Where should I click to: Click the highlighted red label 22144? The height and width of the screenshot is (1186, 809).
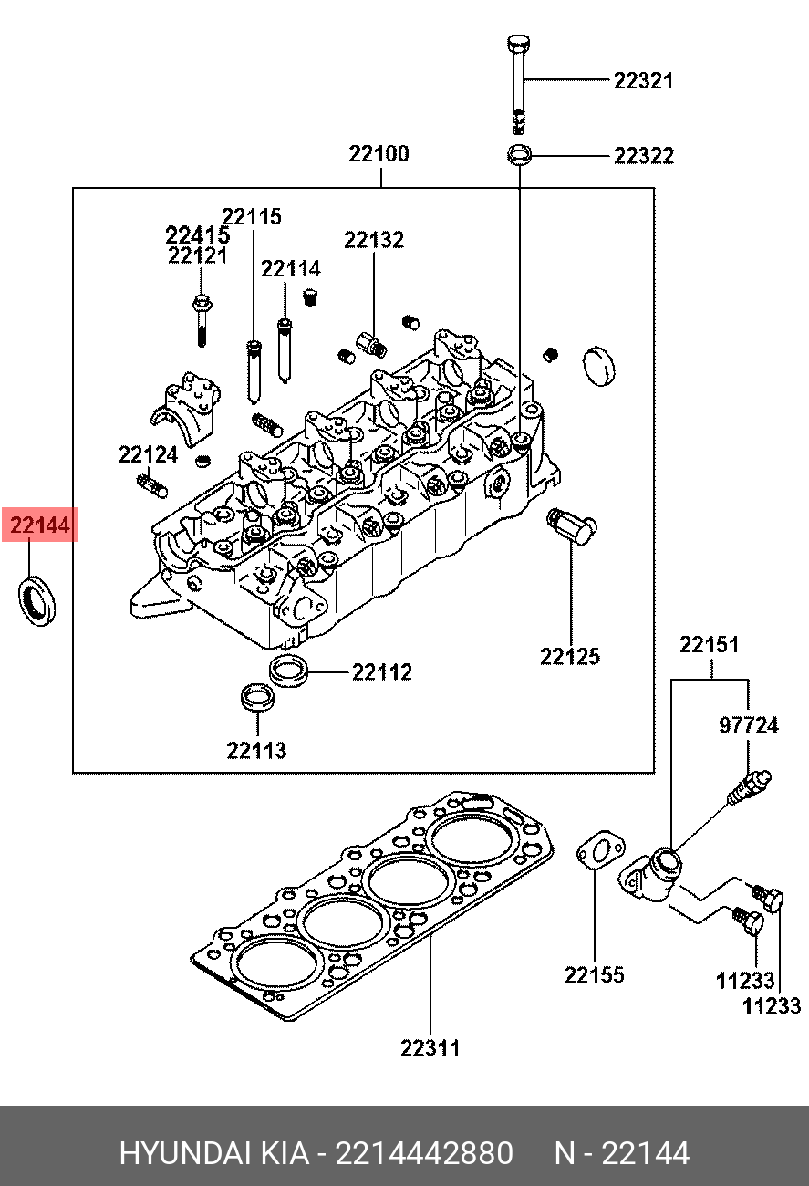40,525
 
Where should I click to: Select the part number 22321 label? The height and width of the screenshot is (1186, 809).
643,81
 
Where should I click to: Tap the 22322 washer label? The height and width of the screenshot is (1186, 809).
644,156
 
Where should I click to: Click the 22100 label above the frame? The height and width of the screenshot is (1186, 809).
379,153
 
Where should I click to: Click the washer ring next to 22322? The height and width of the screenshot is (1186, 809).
519,154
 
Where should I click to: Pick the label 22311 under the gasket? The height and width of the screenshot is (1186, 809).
430,1048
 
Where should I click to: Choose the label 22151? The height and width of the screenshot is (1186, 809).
709,645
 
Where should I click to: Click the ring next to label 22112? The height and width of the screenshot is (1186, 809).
289,670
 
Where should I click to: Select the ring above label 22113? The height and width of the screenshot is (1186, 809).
257,698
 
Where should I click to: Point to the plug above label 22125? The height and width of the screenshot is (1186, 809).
572,526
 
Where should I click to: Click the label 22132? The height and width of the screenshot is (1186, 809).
374,240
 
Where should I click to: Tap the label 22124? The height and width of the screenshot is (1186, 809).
149,455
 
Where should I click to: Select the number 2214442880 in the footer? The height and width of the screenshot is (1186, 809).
424,1153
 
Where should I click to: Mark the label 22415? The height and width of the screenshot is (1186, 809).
198,235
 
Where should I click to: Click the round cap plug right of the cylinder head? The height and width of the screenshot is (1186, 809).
599,367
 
